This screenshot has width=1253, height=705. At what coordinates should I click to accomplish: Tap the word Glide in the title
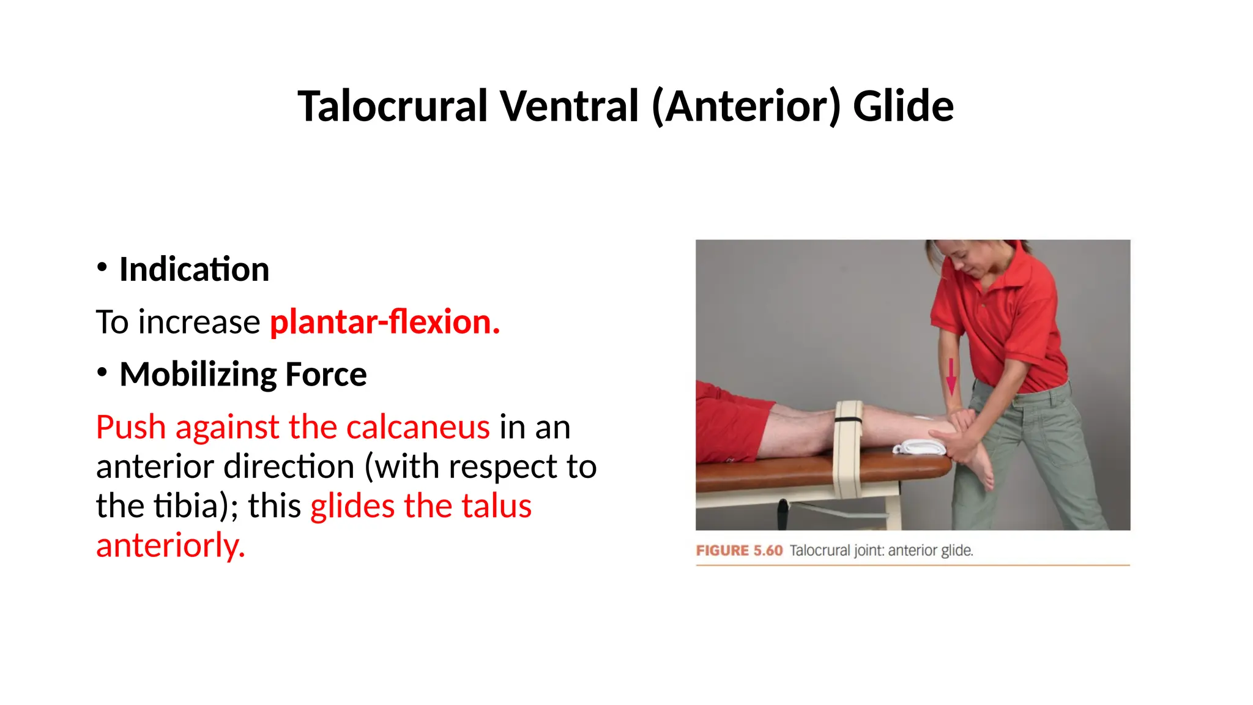point(903,106)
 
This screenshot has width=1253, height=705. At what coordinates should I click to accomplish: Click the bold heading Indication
point(194,269)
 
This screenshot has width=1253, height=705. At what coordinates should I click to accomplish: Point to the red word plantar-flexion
point(385,322)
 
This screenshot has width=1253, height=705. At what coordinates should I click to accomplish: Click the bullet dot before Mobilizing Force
point(102,371)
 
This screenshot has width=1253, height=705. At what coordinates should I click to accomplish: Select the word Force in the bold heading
point(325,375)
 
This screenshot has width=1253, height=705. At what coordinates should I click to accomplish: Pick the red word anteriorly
point(171,545)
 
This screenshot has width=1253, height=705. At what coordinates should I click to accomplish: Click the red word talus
point(496,506)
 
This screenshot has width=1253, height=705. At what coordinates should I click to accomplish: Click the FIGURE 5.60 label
point(739,551)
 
